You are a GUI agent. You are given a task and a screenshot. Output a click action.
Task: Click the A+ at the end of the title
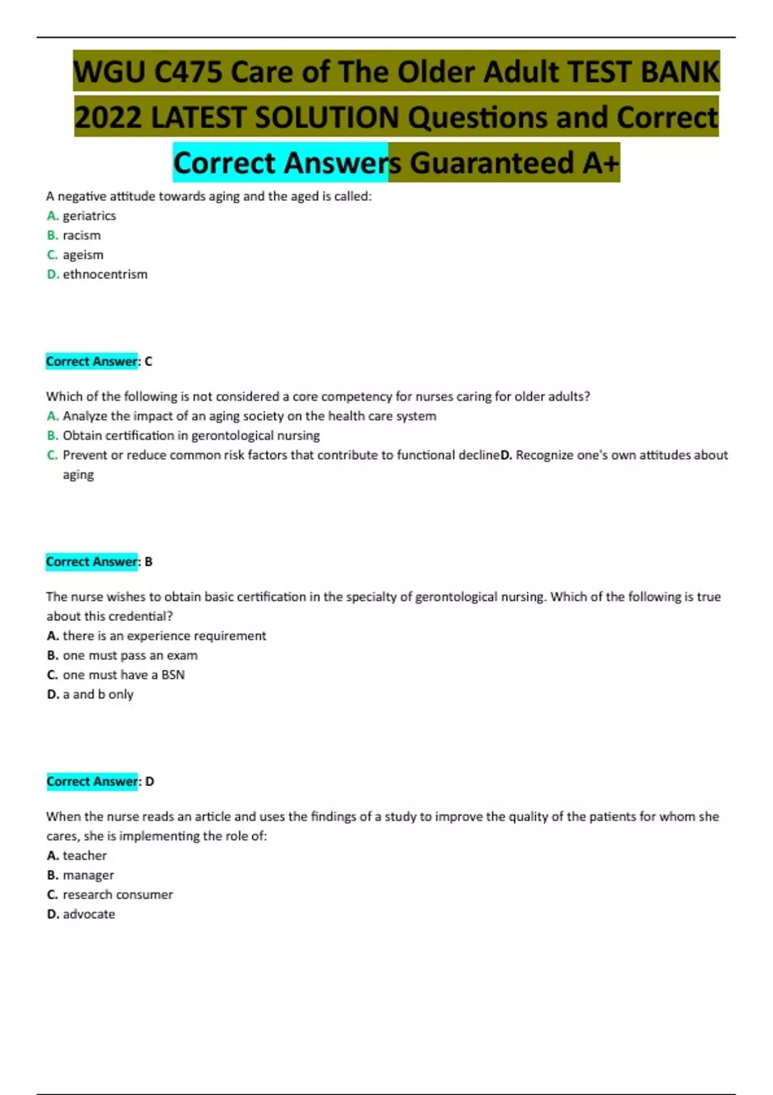(x=600, y=163)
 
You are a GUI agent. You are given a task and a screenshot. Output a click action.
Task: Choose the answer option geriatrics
(x=89, y=216)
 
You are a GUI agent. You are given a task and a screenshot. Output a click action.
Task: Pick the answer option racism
(x=81, y=235)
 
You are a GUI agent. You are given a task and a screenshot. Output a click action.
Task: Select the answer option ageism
(x=82, y=255)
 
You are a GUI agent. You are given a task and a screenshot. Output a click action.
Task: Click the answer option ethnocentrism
(x=104, y=274)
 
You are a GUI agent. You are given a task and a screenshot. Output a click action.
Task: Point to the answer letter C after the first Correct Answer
(x=149, y=361)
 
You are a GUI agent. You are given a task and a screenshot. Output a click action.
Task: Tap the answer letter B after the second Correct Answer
(x=149, y=562)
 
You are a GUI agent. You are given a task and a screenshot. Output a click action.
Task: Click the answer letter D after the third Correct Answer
(x=149, y=781)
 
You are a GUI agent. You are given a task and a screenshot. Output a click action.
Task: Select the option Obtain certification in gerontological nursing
(x=191, y=435)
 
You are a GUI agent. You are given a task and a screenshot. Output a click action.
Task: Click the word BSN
(x=173, y=675)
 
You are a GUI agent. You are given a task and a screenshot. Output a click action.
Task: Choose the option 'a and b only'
(x=98, y=694)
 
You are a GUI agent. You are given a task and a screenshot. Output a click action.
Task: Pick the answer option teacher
(x=84, y=855)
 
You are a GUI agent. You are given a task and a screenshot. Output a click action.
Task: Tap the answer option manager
(x=88, y=875)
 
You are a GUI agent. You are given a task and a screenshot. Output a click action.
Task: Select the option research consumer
(x=117, y=895)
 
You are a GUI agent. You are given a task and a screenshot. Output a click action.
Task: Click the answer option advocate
(x=89, y=914)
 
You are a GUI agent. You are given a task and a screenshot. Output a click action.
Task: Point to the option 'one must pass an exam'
(x=130, y=655)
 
